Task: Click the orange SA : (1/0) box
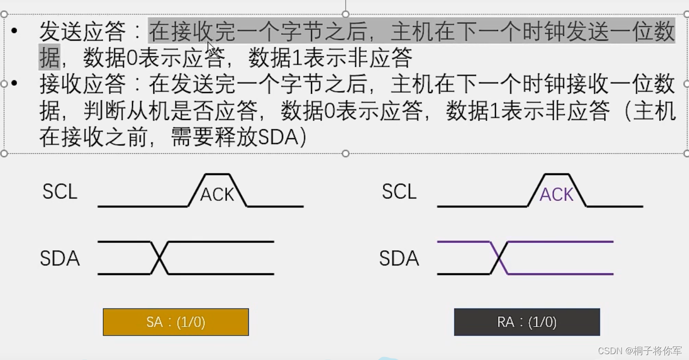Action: click(x=175, y=322)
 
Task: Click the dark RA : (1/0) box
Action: click(x=527, y=322)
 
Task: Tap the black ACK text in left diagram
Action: click(x=217, y=194)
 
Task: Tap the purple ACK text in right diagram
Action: click(x=556, y=194)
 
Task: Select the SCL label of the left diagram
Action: click(x=60, y=192)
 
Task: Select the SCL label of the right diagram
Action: click(x=399, y=192)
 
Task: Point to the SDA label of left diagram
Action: click(x=60, y=258)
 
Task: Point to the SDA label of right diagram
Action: click(x=399, y=258)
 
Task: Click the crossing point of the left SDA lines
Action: click(x=160, y=258)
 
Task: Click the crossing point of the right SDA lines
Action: click(x=499, y=258)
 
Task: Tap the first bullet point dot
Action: click(x=14, y=31)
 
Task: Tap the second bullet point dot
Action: click(x=14, y=84)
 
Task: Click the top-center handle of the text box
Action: click(x=346, y=14)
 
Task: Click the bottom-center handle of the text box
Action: click(x=346, y=153)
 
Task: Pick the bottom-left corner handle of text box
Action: click(x=4, y=153)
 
